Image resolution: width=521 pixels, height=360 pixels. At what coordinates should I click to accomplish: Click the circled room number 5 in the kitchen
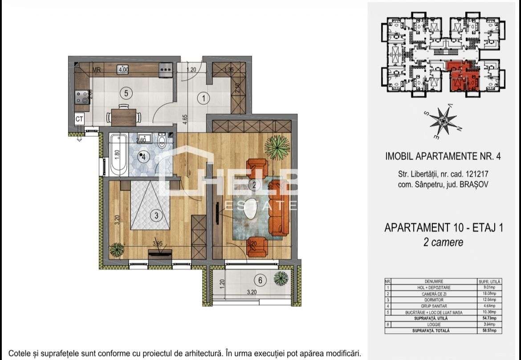(x=126, y=93)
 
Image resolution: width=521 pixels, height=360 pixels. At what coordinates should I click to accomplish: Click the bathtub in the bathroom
(x=118, y=155)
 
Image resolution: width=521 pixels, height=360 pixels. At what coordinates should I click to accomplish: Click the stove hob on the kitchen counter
(x=82, y=97)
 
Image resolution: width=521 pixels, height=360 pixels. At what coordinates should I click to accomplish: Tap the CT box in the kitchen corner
(x=79, y=119)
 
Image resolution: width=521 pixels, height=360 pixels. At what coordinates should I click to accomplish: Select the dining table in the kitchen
(x=123, y=117)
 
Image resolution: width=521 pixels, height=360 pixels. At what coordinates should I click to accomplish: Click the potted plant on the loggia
(x=281, y=279)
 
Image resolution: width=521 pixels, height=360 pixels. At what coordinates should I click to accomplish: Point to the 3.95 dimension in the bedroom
(x=158, y=244)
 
